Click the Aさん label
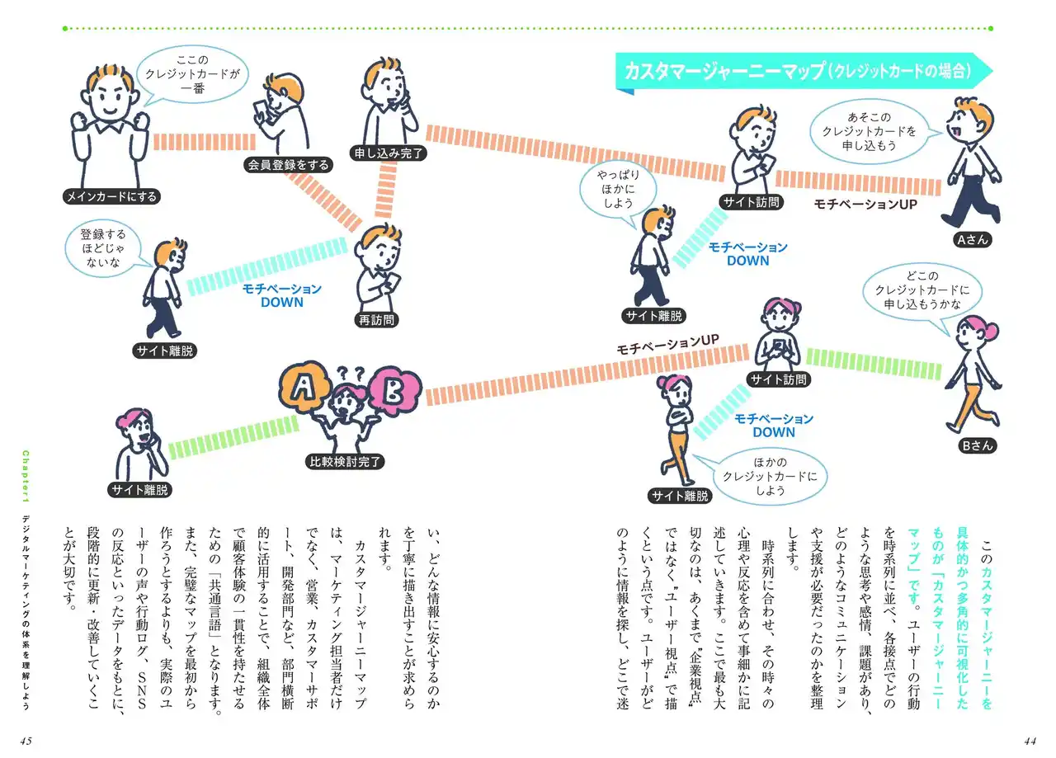[x=972, y=240]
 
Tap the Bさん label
[x=978, y=446]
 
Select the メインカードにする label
[x=111, y=196]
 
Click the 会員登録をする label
[x=288, y=165]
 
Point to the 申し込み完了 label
[x=389, y=153]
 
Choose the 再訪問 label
[x=376, y=321]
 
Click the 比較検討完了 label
[x=345, y=462]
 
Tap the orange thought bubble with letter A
[x=303, y=388]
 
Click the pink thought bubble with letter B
[x=394, y=390]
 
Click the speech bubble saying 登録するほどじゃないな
[x=103, y=249]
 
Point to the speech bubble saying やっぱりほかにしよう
[x=618, y=190]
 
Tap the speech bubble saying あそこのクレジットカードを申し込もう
[x=870, y=131]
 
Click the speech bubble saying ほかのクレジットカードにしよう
[x=771, y=476]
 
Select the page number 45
[x=26, y=741]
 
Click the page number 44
[x=1030, y=741]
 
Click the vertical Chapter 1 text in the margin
[x=26, y=476]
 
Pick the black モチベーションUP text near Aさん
[x=865, y=205]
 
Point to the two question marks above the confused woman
[x=351, y=373]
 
